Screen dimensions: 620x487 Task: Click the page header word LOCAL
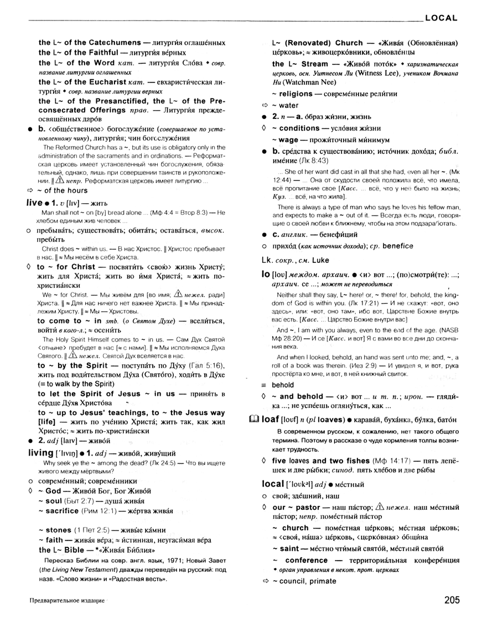[441, 18]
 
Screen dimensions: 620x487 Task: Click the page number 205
[453, 601]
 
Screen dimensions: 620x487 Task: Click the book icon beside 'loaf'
[253, 419]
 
